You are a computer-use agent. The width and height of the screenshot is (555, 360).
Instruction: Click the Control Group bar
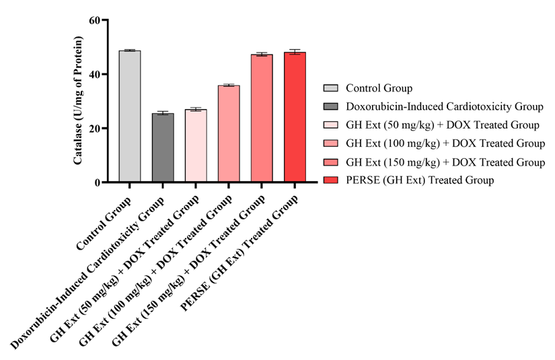(130, 116)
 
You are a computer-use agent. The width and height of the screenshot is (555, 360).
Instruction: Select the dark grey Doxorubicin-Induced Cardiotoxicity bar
(163, 148)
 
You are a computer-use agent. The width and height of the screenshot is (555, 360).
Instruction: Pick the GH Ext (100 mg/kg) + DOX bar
(229, 134)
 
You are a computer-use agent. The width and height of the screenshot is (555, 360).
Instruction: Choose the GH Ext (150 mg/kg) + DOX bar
(262, 118)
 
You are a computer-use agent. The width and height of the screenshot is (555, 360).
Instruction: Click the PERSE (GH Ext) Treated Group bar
(295, 117)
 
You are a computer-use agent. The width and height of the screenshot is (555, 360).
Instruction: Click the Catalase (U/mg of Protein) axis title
(78, 101)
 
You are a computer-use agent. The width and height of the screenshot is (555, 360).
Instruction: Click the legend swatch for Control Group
(331, 88)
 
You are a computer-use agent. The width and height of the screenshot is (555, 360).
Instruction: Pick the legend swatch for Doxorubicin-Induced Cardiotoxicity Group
(331, 106)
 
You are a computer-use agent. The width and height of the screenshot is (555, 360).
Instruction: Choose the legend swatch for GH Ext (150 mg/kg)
(331, 162)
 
